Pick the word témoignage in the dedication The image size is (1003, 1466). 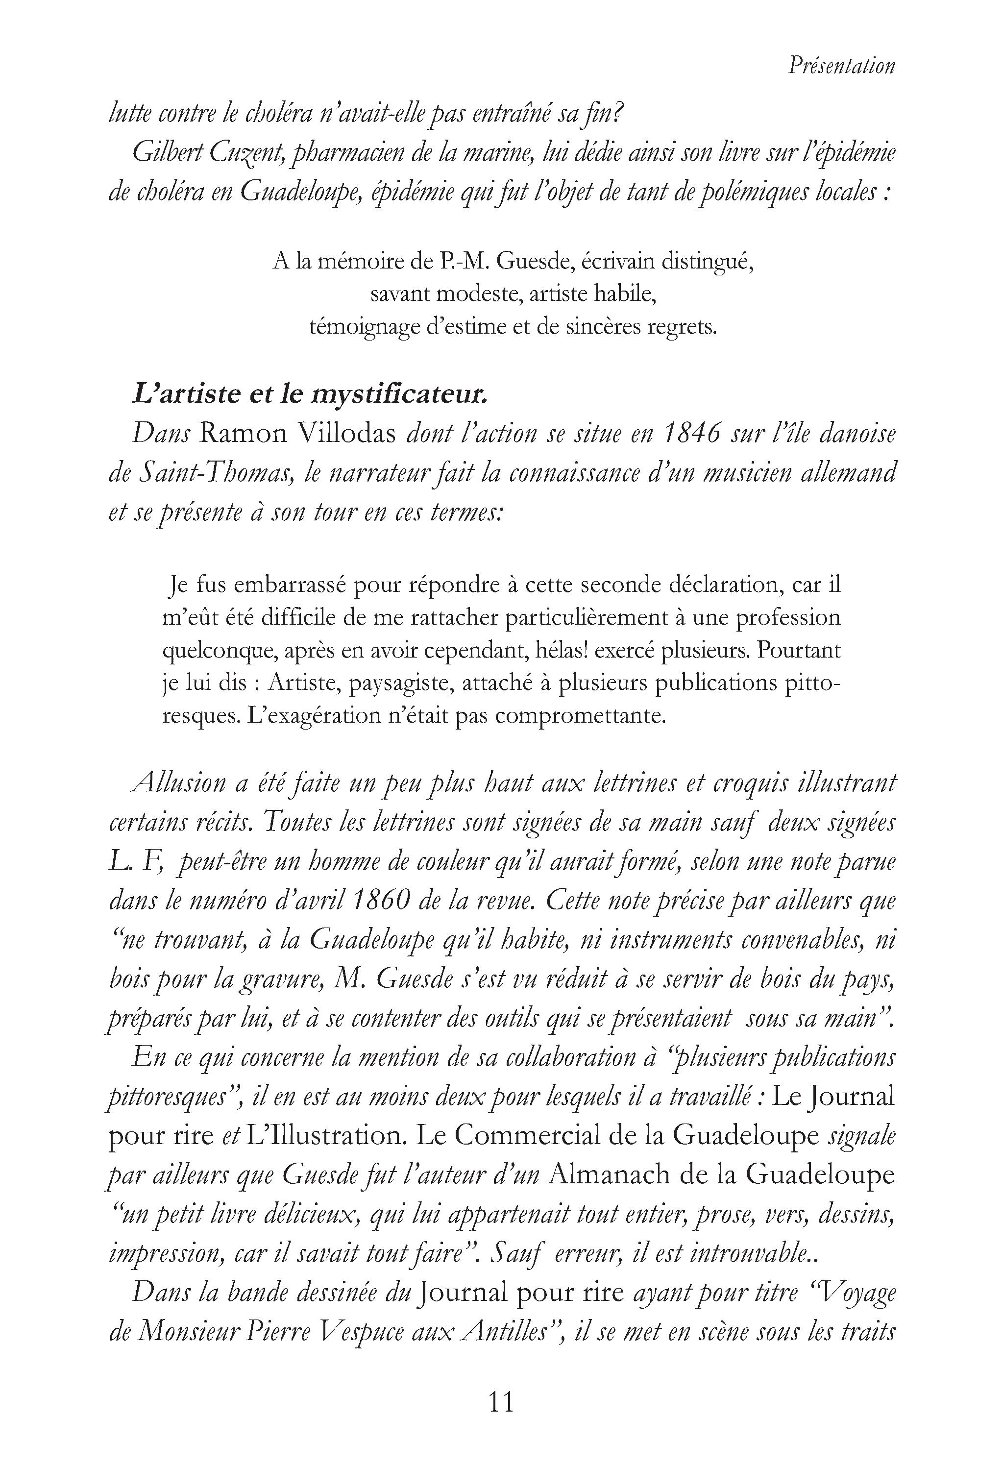tap(364, 327)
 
